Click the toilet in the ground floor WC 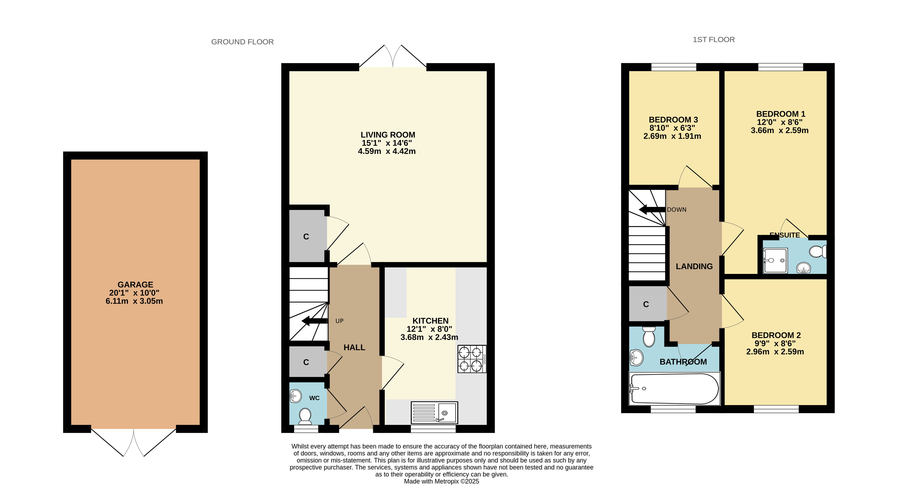pos(305,416)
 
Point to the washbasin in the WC pos(295,396)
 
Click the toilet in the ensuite pos(818,251)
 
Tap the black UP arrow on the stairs pos(314,321)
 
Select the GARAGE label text pos(135,284)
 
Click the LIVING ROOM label pos(388,135)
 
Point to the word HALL pos(354,347)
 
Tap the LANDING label pos(694,267)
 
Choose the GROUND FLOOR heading pos(242,42)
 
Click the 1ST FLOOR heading pos(714,40)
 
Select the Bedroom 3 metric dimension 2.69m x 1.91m pos(672,136)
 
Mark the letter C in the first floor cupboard pos(646,304)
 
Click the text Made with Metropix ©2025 pos(441,481)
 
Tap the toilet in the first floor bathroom pos(649,336)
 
